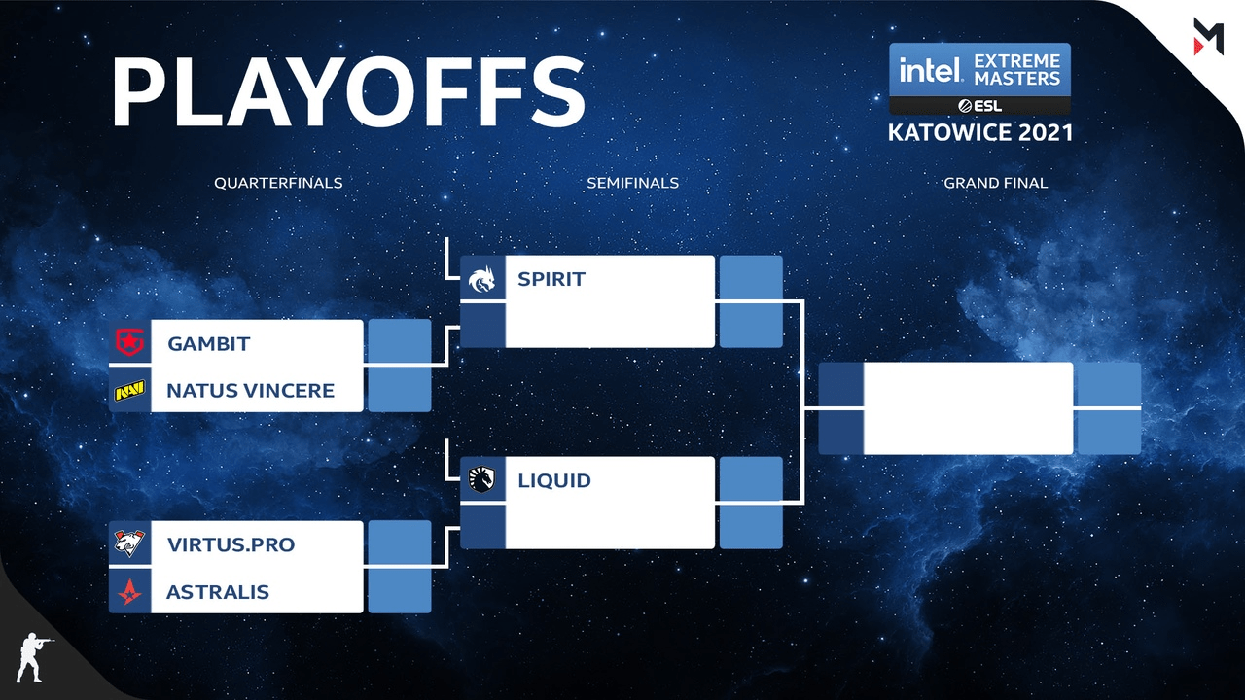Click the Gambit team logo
click(129, 341)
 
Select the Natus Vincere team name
click(251, 391)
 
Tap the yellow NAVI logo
click(129, 391)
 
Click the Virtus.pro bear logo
click(129, 543)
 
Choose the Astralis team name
click(218, 592)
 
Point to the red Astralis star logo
click(129, 592)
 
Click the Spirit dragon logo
click(481, 279)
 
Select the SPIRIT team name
click(551, 279)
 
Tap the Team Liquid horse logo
click(481, 479)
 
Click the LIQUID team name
click(554, 480)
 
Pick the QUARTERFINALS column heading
click(278, 183)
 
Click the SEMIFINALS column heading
click(632, 183)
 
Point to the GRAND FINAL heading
click(995, 183)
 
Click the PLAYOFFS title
click(348, 91)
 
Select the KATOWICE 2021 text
click(979, 133)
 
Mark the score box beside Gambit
click(400, 341)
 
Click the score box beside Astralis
click(400, 590)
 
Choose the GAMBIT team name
click(209, 344)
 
